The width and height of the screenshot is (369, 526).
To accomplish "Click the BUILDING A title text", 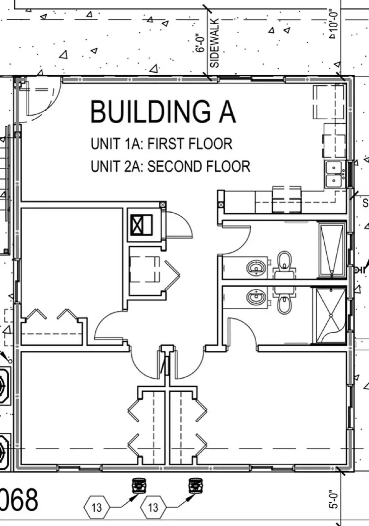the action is coord(163,112).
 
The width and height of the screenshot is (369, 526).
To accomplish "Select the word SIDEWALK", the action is coord(214,43).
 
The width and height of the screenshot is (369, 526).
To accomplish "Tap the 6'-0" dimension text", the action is coord(200,42).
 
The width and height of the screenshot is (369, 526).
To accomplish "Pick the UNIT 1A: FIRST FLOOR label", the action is coord(161,144).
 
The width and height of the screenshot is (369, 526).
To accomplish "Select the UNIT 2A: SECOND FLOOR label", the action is coord(171,166).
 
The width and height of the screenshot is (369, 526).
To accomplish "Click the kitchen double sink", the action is coord(335,174).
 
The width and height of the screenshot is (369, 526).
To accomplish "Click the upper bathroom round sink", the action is coord(256,268).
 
